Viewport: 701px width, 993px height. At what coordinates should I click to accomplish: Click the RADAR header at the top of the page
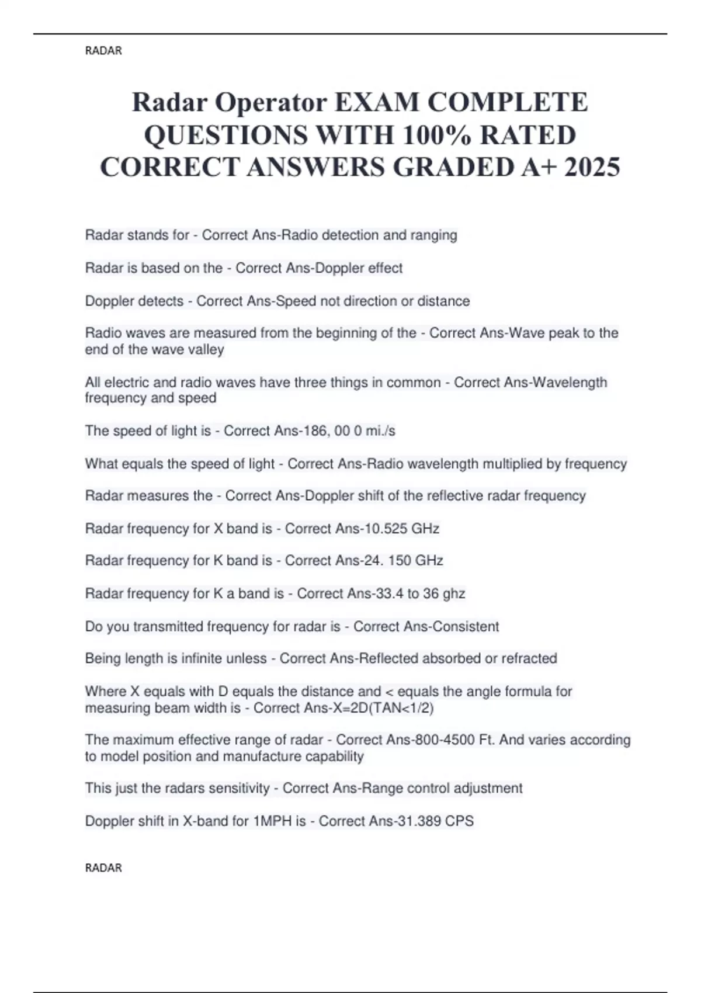coord(103,51)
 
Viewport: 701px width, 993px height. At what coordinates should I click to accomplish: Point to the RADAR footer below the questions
coord(103,868)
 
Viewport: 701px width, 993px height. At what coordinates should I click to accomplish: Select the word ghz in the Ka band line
coord(454,594)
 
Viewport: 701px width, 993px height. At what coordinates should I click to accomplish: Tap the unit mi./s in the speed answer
coord(380,431)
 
